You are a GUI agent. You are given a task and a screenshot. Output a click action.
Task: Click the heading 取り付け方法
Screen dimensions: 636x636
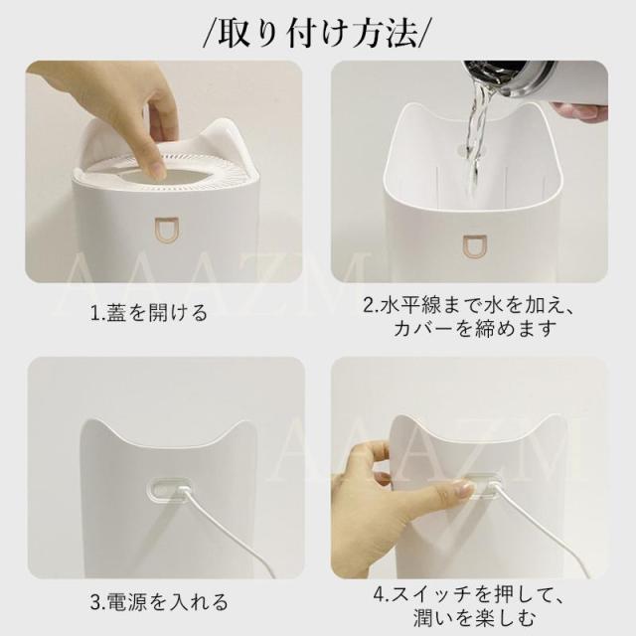317,33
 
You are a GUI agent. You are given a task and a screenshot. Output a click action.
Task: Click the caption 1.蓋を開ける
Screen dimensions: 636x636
149,313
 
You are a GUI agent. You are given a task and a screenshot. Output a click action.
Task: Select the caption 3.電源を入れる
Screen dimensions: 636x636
159,602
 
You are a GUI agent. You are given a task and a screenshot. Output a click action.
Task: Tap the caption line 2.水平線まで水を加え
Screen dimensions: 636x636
469,306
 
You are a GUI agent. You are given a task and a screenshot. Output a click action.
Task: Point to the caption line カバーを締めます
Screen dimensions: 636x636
475,329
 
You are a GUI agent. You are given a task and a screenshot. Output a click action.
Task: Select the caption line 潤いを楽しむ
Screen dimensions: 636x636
475,619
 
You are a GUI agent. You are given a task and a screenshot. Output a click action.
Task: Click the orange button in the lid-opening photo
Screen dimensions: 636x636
168,232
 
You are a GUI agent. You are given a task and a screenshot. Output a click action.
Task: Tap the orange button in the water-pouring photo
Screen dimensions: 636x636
475,246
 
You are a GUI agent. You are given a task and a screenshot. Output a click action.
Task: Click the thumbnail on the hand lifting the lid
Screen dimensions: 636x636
156,168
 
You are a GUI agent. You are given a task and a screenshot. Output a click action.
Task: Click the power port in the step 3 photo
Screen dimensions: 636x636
168,488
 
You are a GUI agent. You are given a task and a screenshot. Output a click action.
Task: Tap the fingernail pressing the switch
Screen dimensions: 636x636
461,490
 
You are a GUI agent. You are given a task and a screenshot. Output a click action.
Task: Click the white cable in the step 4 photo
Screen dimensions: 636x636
540,528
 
